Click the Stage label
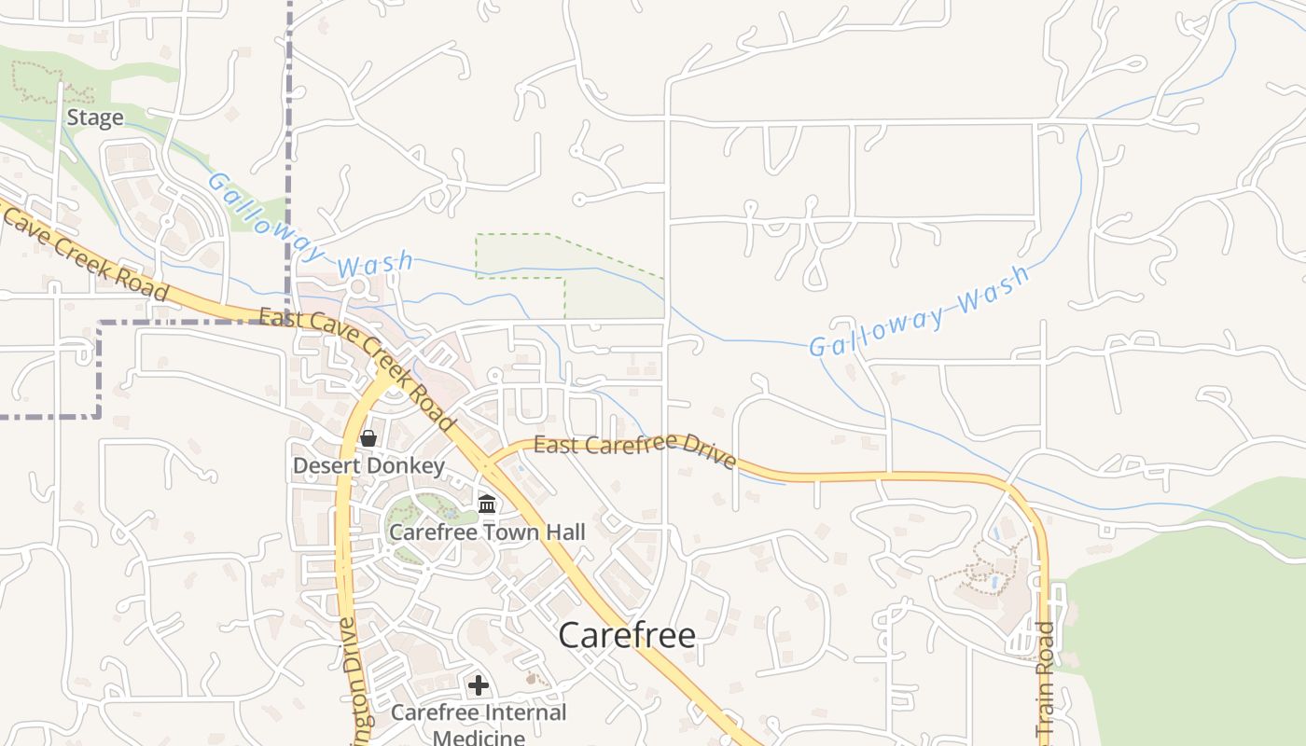tap(95, 118)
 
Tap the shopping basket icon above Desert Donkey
tap(368, 437)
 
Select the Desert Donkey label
tap(368, 464)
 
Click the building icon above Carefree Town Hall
tap(487, 504)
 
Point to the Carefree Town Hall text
tap(487, 532)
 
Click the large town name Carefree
tap(627, 635)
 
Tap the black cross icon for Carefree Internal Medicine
tap(479, 686)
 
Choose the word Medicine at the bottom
tap(479, 738)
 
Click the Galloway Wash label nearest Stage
tap(308, 228)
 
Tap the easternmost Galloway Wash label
tap(919, 311)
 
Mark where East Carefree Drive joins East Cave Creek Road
tap(488, 463)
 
